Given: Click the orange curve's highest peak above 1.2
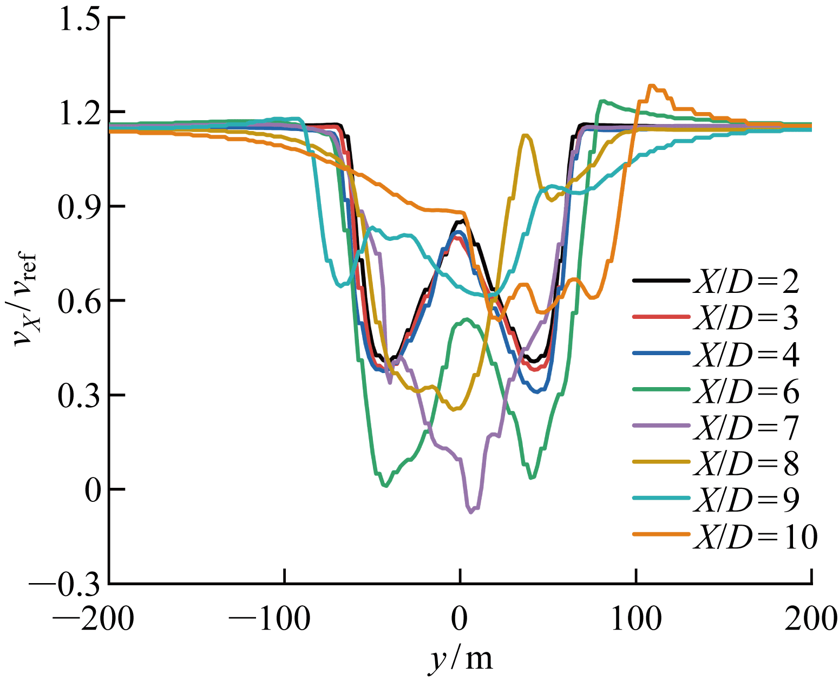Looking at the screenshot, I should [x=652, y=86].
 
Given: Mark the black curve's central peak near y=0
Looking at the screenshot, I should [x=461, y=220].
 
